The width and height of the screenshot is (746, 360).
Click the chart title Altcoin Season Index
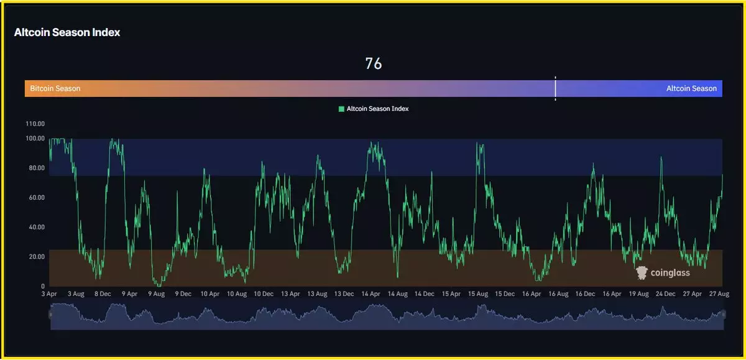coord(67,32)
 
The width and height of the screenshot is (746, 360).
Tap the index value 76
coord(373,63)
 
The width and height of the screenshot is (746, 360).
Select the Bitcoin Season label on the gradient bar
coord(55,88)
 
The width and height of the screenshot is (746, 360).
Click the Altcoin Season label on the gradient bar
coord(691,88)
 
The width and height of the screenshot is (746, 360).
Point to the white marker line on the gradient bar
coord(555,88)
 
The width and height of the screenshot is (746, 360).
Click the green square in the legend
coord(341,109)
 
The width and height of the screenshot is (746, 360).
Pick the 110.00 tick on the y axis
coord(35,124)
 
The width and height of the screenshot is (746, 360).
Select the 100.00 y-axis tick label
coord(35,139)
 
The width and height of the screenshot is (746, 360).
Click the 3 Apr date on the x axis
coord(50,293)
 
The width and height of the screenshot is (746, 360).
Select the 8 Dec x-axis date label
coord(103,293)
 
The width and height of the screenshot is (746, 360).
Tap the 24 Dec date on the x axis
coord(666,293)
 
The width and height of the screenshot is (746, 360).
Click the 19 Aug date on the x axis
coord(639,293)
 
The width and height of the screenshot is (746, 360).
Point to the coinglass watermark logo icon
coord(642,272)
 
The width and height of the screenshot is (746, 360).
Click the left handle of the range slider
coord(50,315)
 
